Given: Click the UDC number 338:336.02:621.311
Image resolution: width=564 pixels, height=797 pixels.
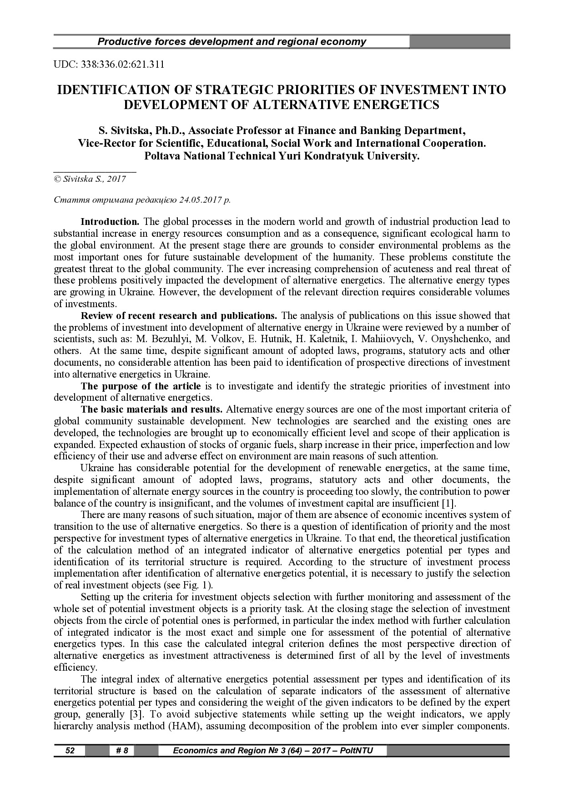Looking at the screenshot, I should pyautogui.click(x=122, y=64).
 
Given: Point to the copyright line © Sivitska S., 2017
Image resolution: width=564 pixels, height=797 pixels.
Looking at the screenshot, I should pyautogui.click(x=90, y=179).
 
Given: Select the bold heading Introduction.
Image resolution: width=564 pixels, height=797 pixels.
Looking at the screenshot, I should pyautogui.click(x=110, y=222).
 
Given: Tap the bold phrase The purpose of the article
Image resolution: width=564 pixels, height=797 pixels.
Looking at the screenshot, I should pyautogui.click(x=141, y=386).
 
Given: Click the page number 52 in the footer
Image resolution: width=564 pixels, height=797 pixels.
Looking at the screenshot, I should pyautogui.click(x=70, y=750).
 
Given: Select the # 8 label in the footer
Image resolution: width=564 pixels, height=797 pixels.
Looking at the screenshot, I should pyautogui.click(x=122, y=750).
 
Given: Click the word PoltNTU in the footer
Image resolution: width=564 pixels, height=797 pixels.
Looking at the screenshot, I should pyautogui.click(x=357, y=750).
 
